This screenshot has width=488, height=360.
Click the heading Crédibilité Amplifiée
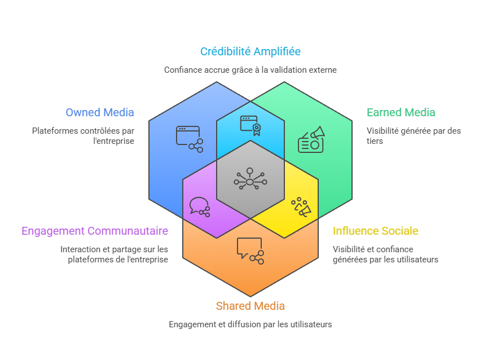coord(250,51)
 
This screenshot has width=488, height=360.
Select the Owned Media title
coord(100,112)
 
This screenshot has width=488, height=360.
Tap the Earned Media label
coord(401,112)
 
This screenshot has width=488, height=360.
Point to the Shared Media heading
coord(250,306)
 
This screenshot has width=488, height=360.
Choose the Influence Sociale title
coord(375,231)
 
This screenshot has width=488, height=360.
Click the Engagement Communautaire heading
coord(95,231)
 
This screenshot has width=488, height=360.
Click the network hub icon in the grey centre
coord(250,179)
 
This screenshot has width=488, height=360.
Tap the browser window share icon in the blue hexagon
coord(189,139)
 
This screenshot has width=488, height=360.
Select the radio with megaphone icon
coord(311,139)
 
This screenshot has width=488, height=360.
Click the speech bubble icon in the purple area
coord(200,207)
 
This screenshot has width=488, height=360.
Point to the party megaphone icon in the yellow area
coord(301,207)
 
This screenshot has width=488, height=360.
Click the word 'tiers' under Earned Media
coord(375,141)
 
